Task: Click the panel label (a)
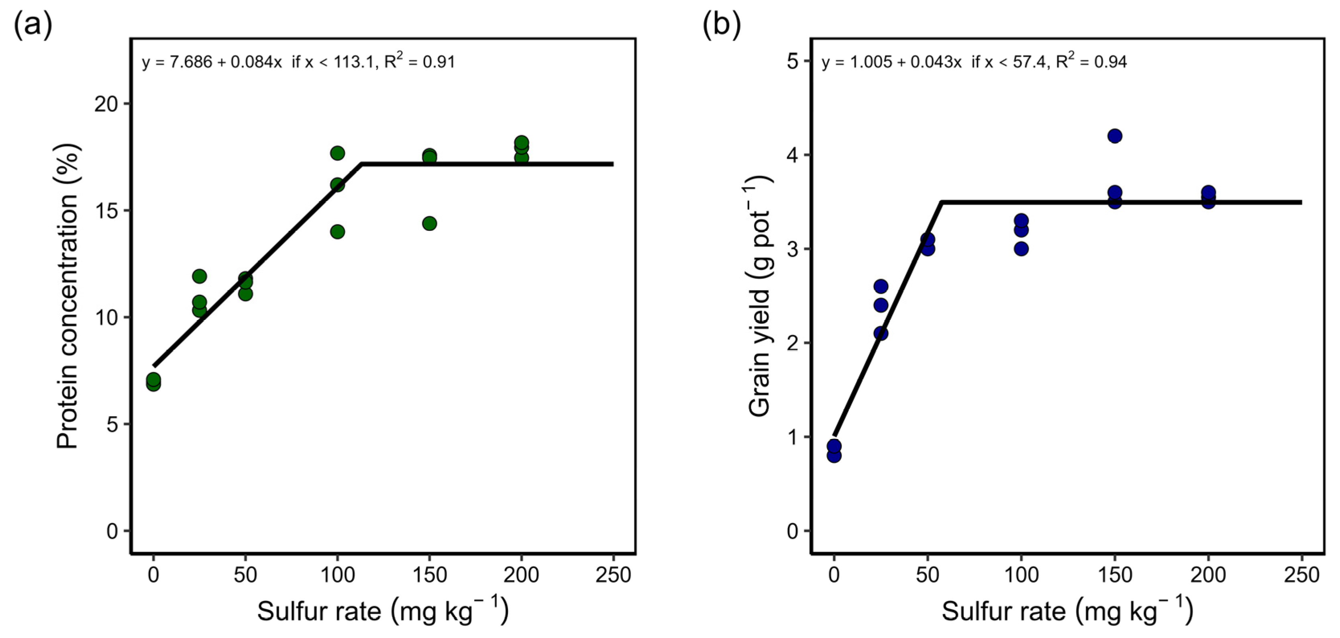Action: [32, 25]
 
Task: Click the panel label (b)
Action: [722, 25]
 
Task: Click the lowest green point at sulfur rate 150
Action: [429, 224]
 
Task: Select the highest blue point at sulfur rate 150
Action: [1114, 136]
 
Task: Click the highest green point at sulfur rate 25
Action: [199, 276]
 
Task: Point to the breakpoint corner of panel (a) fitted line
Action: [361, 164]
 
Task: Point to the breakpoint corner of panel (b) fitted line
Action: [942, 202]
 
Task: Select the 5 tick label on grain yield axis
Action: [792, 61]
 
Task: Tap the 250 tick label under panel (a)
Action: [613, 575]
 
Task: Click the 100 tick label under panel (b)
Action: [1021, 575]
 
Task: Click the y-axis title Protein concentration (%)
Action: [67, 297]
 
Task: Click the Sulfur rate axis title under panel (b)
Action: [1067, 610]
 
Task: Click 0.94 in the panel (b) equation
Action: [1110, 62]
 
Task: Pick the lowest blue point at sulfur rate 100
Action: [1021, 249]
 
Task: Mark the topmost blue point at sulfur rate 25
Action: [880, 286]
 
